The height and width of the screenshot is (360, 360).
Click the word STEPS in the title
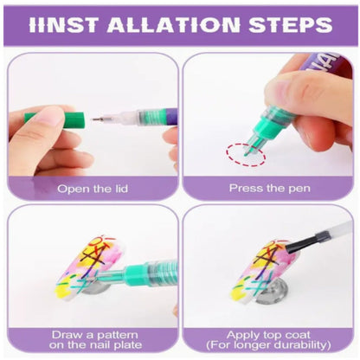pyautogui.click(x=291, y=24)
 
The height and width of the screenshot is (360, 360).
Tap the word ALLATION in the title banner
pyautogui.click(x=174, y=24)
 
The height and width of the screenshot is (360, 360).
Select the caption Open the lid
pyautogui.click(x=93, y=189)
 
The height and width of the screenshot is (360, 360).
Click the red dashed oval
pyautogui.click(x=246, y=154)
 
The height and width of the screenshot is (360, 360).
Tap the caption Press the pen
pyautogui.click(x=270, y=189)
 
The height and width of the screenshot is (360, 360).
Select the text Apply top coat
pyautogui.click(x=268, y=335)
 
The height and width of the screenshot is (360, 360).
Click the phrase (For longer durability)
pyautogui.click(x=268, y=344)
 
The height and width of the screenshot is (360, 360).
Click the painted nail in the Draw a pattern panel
pyautogui.click(x=87, y=267)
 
